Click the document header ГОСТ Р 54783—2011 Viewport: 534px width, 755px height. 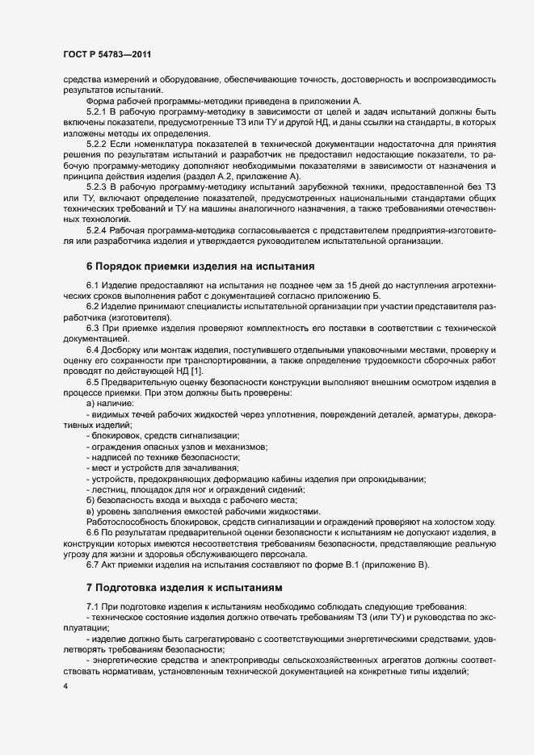pos(107,54)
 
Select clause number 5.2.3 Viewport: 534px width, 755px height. pos(98,186)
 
